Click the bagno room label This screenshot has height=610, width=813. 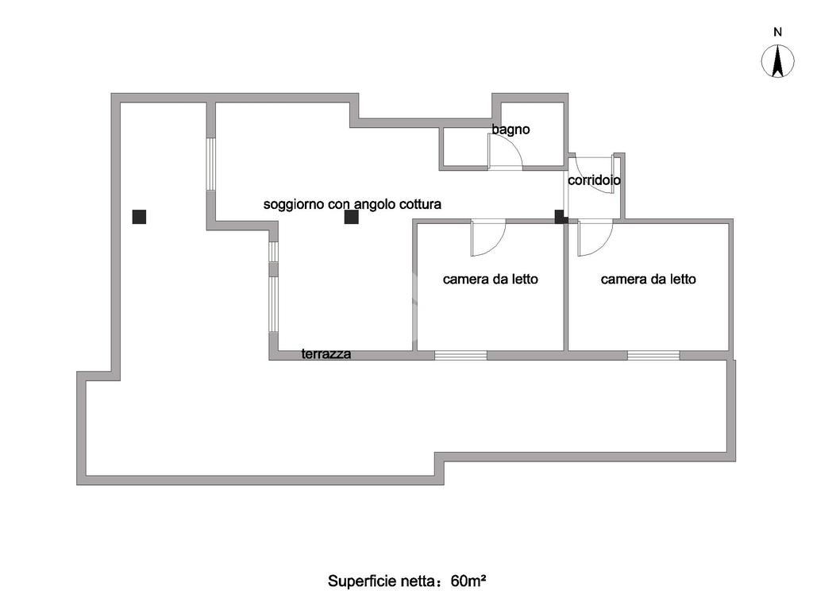point(511,129)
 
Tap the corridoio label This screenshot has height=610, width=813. point(594,180)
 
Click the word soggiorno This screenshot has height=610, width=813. point(293,204)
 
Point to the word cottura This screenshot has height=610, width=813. point(418,204)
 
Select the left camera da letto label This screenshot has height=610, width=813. point(491,279)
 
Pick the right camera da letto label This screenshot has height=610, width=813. point(649,279)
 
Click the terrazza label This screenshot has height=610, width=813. point(326,354)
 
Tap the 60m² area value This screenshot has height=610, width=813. point(468,581)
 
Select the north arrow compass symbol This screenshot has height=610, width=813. point(778,62)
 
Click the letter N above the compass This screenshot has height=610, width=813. point(778,33)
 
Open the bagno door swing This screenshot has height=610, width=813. point(506,152)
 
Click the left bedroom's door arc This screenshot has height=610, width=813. point(487,238)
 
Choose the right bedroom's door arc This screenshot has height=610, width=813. point(595,238)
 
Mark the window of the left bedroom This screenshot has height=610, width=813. point(460,355)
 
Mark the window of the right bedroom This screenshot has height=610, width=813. point(653,355)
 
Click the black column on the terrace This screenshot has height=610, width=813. point(140,216)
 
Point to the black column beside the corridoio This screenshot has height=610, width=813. point(560,216)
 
